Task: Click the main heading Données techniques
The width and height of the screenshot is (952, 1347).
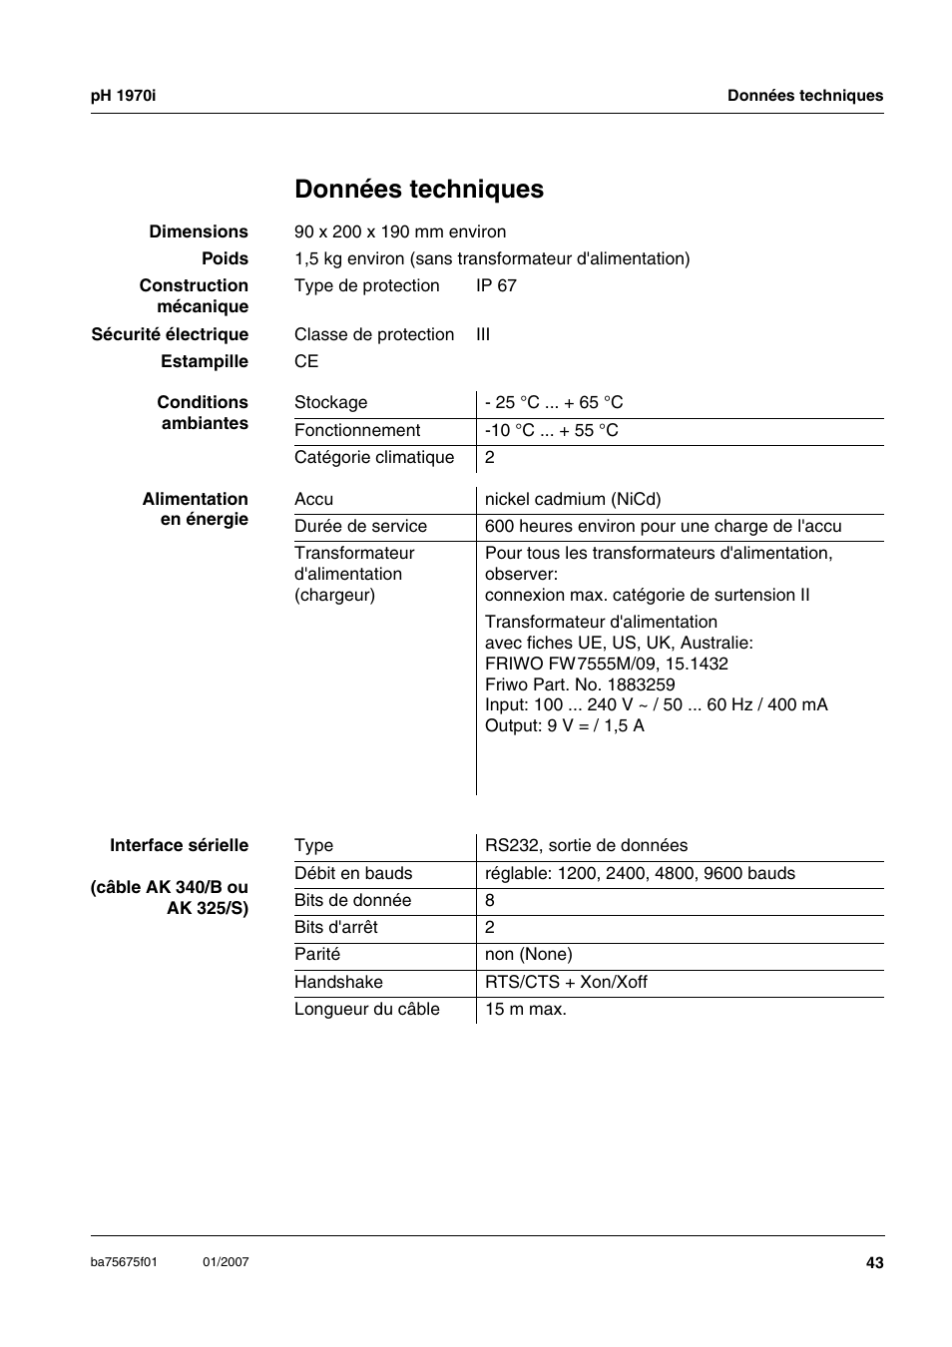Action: click(x=419, y=190)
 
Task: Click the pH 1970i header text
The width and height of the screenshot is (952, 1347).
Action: click(x=123, y=96)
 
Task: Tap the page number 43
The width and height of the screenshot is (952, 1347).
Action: click(x=874, y=1263)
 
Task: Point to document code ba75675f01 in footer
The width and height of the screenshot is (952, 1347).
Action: click(x=124, y=1262)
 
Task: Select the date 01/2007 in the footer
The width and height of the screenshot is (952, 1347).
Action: click(x=226, y=1262)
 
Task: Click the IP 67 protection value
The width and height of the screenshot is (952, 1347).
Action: click(x=496, y=285)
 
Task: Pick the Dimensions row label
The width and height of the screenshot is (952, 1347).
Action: click(x=199, y=231)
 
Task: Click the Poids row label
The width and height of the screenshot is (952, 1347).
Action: click(x=225, y=258)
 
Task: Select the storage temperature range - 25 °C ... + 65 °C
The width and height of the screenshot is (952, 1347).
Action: click(x=554, y=402)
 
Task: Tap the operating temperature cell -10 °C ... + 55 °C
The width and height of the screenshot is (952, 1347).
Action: click(x=551, y=430)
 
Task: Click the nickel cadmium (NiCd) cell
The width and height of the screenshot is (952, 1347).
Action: click(x=573, y=499)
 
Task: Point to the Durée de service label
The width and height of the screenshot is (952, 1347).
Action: click(x=360, y=526)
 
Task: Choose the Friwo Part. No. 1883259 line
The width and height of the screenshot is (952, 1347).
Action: click(x=580, y=684)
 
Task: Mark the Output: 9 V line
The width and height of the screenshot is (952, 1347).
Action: click(x=565, y=725)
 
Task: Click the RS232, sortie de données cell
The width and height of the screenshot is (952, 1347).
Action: click(x=586, y=845)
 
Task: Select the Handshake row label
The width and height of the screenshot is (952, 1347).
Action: click(x=338, y=982)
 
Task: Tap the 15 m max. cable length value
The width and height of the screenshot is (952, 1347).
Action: click(x=525, y=1009)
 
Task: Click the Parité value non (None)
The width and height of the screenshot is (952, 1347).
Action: click(x=528, y=954)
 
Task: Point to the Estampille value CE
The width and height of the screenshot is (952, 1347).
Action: click(x=306, y=361)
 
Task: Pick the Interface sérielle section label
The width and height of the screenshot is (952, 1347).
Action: click(x=179, y=845)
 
